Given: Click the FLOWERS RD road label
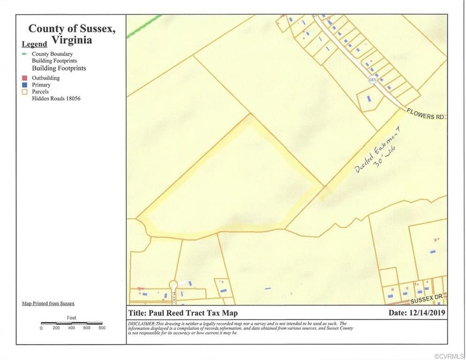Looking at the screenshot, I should pyautogui.click(x=424, y=114).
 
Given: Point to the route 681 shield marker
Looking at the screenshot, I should pyautogui.click(x=372, y=80).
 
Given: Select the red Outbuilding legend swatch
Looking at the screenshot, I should pyautogui.click(x=25, y=78).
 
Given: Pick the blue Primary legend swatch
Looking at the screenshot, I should pyautogui.click(x=25, y=85).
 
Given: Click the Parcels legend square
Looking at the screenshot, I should pyautogui.click(x=25, y=92).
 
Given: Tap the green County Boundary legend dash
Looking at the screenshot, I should pyautogui.click(x=25, y=54).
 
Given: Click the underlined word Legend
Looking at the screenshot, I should pyautogui.click(x=34, y=45).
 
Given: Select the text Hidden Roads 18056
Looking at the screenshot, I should pyautogui.click(x=56, y=99).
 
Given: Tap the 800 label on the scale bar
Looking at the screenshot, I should pyautogui.click(x=102, y=328).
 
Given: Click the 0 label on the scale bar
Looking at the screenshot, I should pyautogui.click(x=41, y=328).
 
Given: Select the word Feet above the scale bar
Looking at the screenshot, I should pyautogui.click(x=71, y=318).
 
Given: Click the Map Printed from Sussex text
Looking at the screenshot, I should pyautogui.click(x=48, y=303).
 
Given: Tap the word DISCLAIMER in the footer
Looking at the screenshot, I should pyautogui.click(x=141, y=323).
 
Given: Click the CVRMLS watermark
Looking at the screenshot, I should pyautogui.click(x=450, y=356).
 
